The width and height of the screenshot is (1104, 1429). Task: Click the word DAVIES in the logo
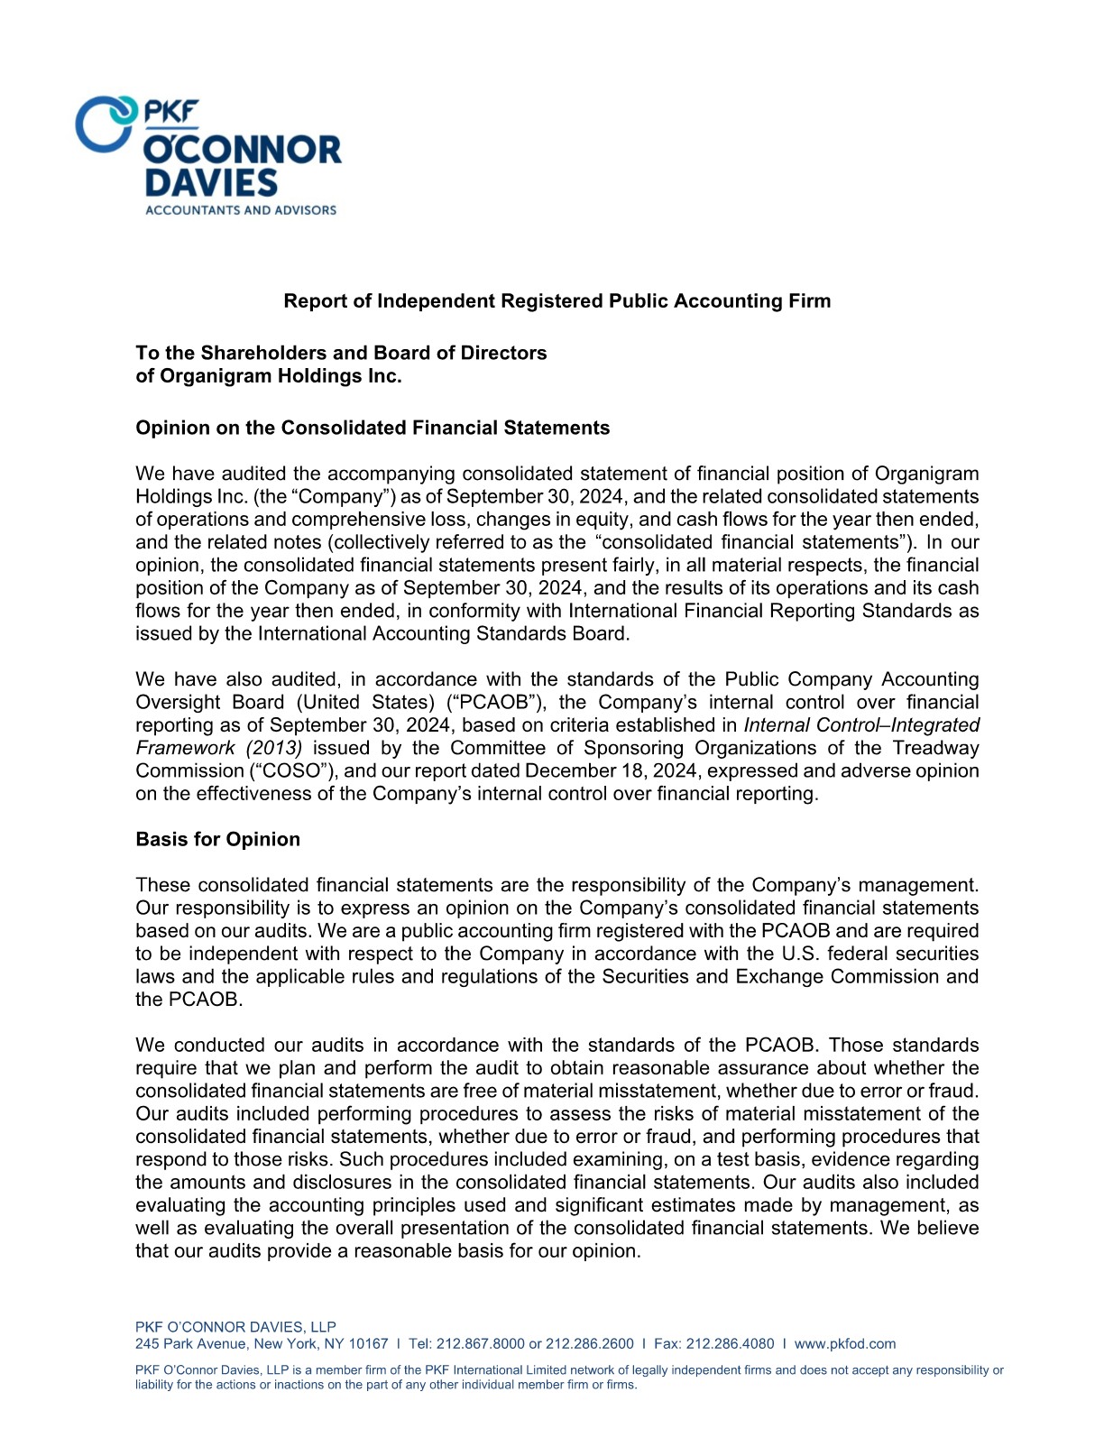pyautogui.click(x=211, y=183)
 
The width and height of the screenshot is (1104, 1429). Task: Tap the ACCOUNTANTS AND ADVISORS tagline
pyautogui.click(x=240, y=210)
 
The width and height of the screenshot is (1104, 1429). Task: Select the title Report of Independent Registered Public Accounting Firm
pyautogui.click(x=557, y=301)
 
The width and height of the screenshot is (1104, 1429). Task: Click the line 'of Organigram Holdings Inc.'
pyautogui.click(x=268, y=376)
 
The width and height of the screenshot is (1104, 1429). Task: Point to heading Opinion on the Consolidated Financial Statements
pyautogui.click(x=372, y=428)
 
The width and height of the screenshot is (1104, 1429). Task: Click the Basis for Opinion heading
pyautogui.click(x=217, y=839)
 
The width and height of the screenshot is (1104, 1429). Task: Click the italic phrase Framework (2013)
pyautogui.click(x=219, y=748)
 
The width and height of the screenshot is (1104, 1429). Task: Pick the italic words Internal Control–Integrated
pyautogui.click(x=861, y=725)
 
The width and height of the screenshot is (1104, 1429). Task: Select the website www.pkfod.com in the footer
pyautogui.click(x=844, y=1344)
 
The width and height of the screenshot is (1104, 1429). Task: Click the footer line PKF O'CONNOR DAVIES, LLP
pyautogui.click(x=235, y=1327)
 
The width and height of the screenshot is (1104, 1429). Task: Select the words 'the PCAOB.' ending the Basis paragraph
pyautogui.click(x=189, y=1000)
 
